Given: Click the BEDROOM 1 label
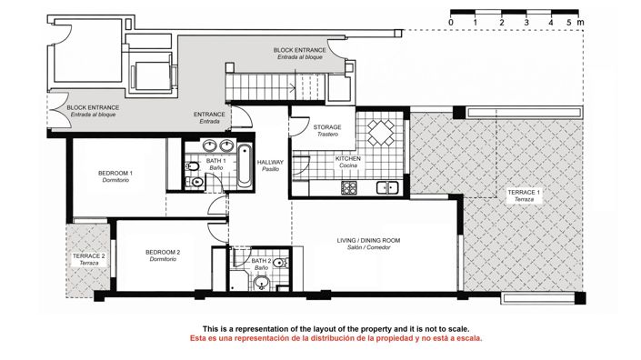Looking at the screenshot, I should (x=115, y=174).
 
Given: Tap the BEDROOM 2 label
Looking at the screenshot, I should (x=163, y=252).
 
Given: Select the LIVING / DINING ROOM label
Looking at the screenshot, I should (x=368, y=241).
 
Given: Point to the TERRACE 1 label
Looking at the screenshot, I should (x=524, y=193).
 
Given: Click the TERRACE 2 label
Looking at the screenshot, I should (x=89, y=256).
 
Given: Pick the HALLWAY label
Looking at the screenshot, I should (x=271, y=163).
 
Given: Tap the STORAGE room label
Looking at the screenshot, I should (x=327, y=127).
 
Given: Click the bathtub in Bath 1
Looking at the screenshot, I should (x=245, y=165).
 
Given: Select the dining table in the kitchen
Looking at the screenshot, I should (x=380, y=135).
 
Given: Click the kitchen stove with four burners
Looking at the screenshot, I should (x=349, y=187).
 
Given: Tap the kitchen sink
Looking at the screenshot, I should (x=389, y=188).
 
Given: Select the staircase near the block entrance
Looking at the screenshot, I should (x=259, y=87).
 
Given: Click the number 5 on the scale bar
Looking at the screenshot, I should (x=569, y=21).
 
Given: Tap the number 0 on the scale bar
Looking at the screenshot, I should (x=451, y=21).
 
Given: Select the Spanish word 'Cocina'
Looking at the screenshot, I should (x=348, y=165).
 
